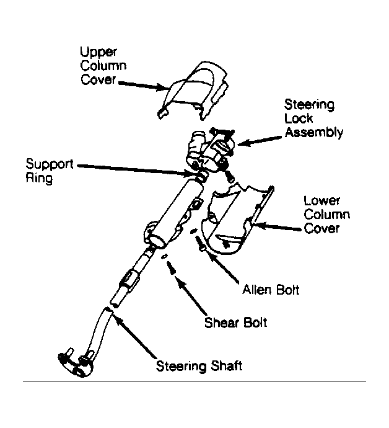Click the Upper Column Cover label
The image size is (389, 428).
pos(103,66)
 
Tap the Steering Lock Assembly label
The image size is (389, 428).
pos(313,118)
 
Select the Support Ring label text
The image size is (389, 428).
pos(50,171)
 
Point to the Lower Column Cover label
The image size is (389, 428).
pos(326,215)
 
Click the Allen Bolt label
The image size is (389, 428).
pos(271,290)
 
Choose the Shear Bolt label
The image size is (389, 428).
pos(235,323)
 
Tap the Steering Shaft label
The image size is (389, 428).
pos(199,366)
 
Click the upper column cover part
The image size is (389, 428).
pos(193,91)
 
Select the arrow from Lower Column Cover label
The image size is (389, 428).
pos(278,227)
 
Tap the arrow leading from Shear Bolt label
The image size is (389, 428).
pos(191,295)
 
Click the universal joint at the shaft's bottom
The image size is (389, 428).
pos(76,363)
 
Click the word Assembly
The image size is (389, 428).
pos(314,133)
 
